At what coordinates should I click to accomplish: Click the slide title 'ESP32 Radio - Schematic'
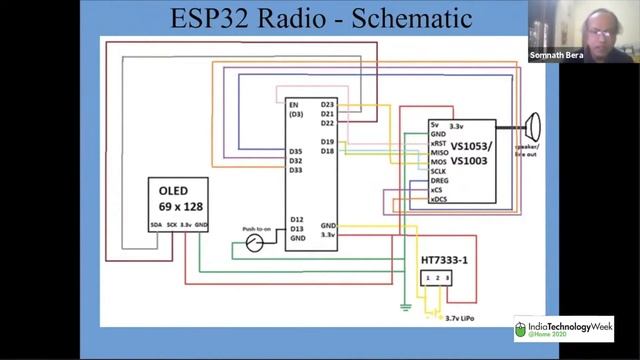coord(320,17)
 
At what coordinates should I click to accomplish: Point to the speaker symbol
coord(533,127)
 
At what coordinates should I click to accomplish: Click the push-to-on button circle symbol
coord(255,243)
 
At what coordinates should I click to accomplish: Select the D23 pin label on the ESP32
coord(327,104)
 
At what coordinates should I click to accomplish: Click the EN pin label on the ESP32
coord(293,104)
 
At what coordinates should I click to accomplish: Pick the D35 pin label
coord(295,151)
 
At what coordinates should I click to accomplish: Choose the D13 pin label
coord(296,229)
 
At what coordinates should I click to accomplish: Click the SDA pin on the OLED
coord(156,226)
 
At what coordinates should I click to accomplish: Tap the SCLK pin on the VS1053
coord(438,170)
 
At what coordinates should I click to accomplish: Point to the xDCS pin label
coord(438,199)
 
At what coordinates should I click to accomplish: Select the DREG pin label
coord(438,180)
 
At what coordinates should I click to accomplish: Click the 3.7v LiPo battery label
coord(459,317)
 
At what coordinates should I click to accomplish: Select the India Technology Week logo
coord(563,329)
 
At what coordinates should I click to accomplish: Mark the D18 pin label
coord(327,151)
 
